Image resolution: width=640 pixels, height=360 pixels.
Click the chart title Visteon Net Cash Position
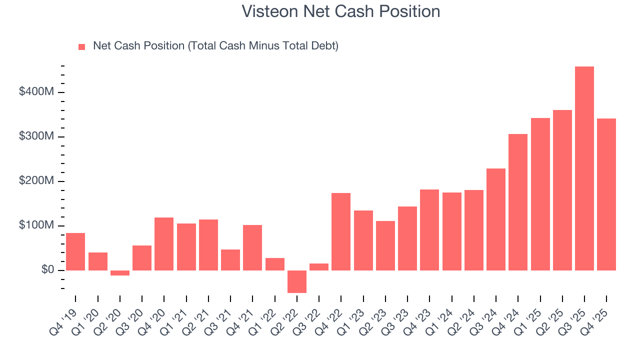coord(340,11)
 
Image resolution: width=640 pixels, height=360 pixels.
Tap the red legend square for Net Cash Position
coord(82,46)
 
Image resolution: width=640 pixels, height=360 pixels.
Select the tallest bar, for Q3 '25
coord(584,168)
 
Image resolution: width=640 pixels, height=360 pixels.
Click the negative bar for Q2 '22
coord(296,281)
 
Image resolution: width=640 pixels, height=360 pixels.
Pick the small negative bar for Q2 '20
coord(119,273)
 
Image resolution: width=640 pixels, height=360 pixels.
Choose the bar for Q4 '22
coord(341,231)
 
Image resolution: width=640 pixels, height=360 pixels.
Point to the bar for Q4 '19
coord(75,251)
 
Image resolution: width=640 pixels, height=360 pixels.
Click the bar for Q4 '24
coord(518,202)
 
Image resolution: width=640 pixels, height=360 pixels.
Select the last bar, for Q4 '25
coord(606,194)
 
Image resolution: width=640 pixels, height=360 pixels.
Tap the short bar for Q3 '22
coord(318,267)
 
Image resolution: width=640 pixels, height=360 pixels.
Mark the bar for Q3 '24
coord(495,219)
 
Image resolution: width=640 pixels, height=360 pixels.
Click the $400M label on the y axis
coord(36,92)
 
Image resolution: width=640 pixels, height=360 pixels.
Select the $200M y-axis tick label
coord(36,181)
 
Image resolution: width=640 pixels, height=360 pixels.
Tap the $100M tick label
coord(36,226)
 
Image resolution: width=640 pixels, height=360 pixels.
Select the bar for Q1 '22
coord(274,264)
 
